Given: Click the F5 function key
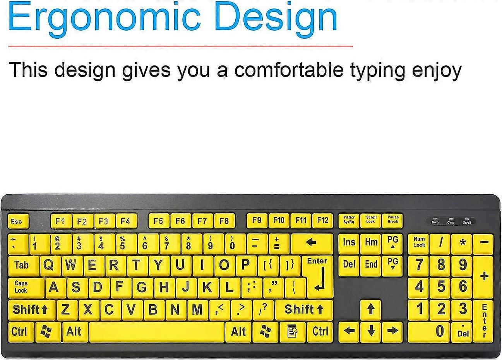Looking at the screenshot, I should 158,221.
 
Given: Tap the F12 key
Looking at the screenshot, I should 322,221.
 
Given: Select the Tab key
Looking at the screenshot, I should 22,266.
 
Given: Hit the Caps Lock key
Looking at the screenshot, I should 23,287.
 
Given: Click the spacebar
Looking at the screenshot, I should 156,332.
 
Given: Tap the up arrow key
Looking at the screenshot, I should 371,309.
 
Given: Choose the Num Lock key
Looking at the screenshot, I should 419,243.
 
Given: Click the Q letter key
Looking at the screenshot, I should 49,266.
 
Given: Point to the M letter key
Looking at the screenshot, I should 197,310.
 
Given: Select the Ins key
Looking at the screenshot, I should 349,243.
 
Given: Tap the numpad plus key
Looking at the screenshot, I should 484,276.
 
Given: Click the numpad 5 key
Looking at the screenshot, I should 441,287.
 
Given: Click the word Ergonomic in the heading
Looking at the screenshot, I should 105,17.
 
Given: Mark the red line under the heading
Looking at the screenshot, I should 180,46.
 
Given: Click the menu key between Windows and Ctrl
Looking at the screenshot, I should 292,332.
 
